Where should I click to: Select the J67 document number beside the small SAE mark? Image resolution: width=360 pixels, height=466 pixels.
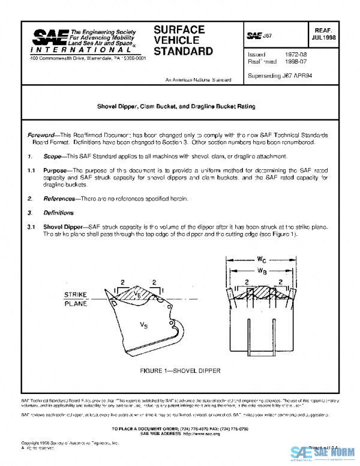tap(267, 37)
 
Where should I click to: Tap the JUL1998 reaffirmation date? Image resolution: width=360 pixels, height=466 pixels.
tap(325, 37)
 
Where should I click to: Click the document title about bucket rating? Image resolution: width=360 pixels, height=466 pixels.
tap(176, 106)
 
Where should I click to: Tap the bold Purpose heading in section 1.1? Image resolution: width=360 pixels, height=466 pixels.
tap(55, 171)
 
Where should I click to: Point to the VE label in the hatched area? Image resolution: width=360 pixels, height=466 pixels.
tap(139, 294)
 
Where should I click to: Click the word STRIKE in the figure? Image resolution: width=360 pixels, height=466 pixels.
tap(76, 294)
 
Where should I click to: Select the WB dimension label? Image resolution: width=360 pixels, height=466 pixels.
tap(262, 271)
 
